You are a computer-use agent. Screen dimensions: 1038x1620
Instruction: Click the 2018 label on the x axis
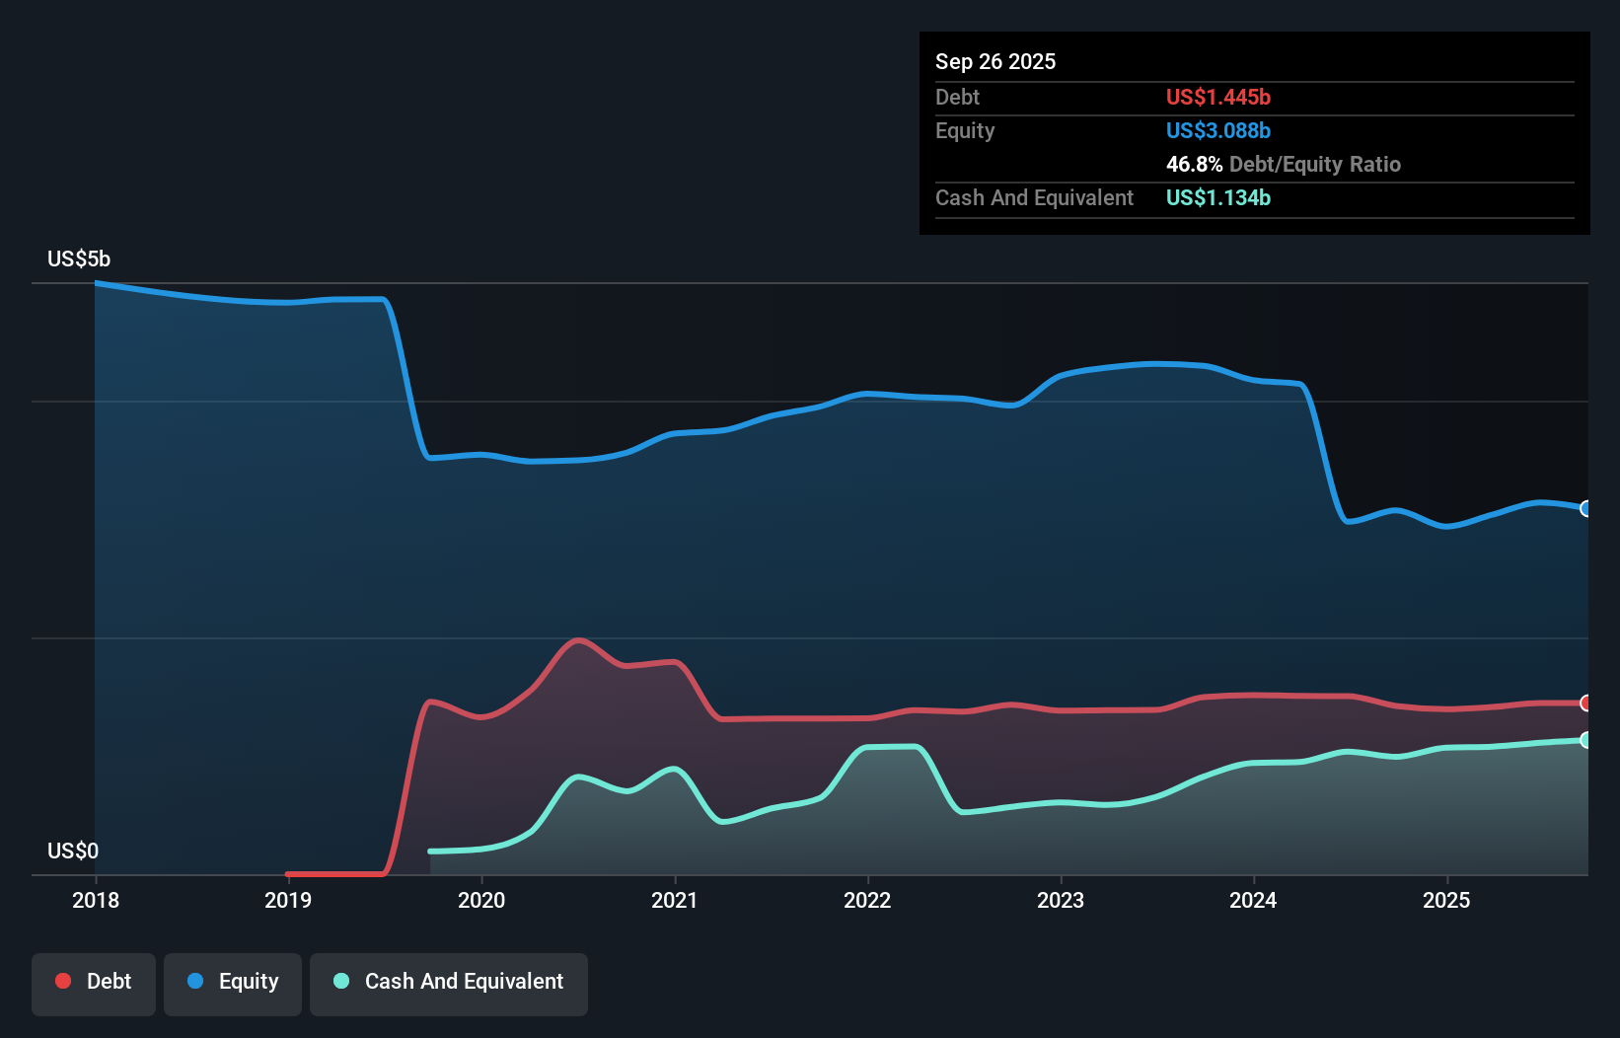(x=96, y=900)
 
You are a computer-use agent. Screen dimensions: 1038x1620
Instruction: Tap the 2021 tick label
(x=674, y=900)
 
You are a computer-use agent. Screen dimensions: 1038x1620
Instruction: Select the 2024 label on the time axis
(x=1253, y=900)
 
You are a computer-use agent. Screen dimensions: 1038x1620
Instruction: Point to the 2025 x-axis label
(x=1446, y=900)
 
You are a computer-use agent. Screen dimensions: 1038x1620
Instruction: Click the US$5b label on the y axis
(x=79, y=259)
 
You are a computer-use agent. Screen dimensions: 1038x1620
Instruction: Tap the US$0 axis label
(x=73, y=851)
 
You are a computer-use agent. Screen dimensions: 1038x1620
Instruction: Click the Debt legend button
(x=94, y=982)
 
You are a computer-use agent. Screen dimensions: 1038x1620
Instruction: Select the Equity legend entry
(x=233, y=982)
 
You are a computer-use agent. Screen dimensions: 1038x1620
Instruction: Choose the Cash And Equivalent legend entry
(x=449, y=982)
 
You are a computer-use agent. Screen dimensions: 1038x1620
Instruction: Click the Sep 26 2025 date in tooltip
(x=995, y=62)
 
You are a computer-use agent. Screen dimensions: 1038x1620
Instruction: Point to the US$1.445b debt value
(x=1217, y=98)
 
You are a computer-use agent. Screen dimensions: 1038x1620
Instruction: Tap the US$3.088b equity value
(x=1217, y=131)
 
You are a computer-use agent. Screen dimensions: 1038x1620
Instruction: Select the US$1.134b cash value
(x=1217, y=198)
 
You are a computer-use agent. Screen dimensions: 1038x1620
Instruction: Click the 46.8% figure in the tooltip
(x=1194, y=165)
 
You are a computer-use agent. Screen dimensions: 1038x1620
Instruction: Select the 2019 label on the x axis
(x=288, y=900)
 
